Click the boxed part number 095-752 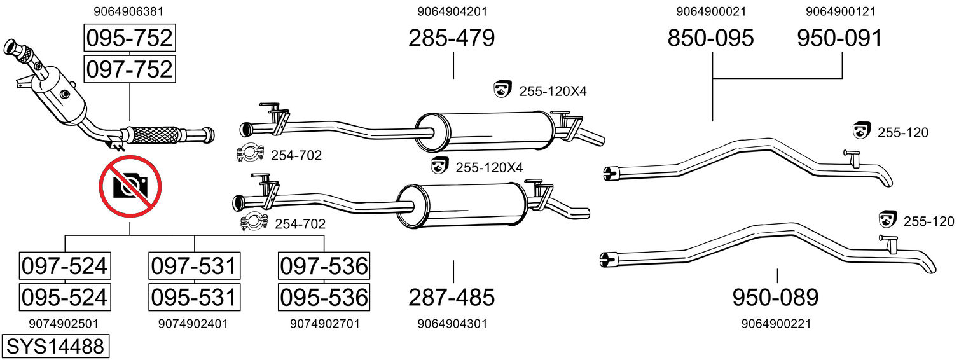pyautogui.click(x=129, y=38)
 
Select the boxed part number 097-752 pyautogui.click(x=129, y=69)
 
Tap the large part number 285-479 pyautogui.click(x=452, y=38)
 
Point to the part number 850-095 pyautogui.click(x=710, y=38)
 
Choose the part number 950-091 pyautogui.click(x=840, y=38)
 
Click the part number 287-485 pyautogui.click(x=452, y=297)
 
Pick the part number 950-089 pyautogui.click(x=775, y=297)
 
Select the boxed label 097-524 pyautogui.click(x=64, y=266)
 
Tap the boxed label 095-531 pyautogui.click(x=194, y=297)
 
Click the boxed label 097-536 pyautogui.click(x=324, y=266)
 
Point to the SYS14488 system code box pyautogui.click(x=55, y=347)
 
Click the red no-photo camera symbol pyautogui.click(x=130, y=186)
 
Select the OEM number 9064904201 pyautogui.click(x=453, y=11)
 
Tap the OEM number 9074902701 pyautogui.click(x=324, y=324)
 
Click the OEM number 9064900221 pyautogui.click(x=776, y=324)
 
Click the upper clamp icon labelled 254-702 pyautogui.click(x=251, y=155)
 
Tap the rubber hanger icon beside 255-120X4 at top pyautogui.click(x=503, y=90)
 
